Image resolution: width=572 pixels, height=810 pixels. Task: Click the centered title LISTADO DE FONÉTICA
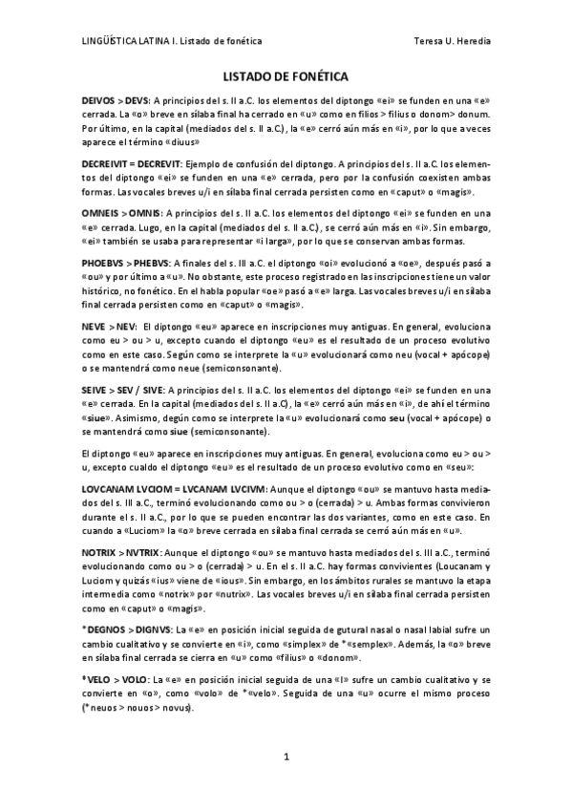click(x=286, y=75)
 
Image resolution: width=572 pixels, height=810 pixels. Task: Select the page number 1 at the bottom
click(x=286, y=758)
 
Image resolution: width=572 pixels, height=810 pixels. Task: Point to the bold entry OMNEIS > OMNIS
click(x=119, y=212)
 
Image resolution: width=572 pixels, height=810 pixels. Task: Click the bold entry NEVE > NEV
click(x=108, y=326)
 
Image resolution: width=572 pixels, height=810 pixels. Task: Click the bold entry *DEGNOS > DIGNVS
click(x=122, y=629)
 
